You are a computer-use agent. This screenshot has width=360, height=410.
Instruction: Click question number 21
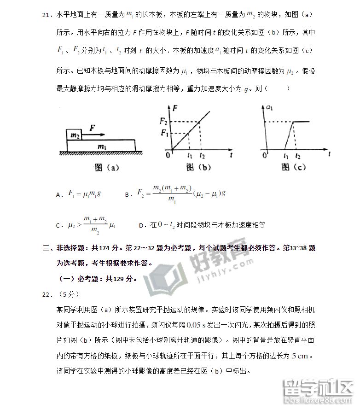[46, 16]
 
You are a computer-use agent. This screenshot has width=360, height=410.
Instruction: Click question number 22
[46, 293]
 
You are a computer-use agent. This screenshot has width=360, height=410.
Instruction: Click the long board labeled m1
[102, 145]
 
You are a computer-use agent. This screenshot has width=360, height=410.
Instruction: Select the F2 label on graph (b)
[163, 122]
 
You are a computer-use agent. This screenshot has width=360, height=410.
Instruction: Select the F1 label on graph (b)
[163, 134]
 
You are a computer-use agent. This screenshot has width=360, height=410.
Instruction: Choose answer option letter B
[128, 195]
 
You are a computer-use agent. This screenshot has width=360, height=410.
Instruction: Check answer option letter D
[141, 226]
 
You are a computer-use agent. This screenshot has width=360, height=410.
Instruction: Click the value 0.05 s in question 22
[196, 324]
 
